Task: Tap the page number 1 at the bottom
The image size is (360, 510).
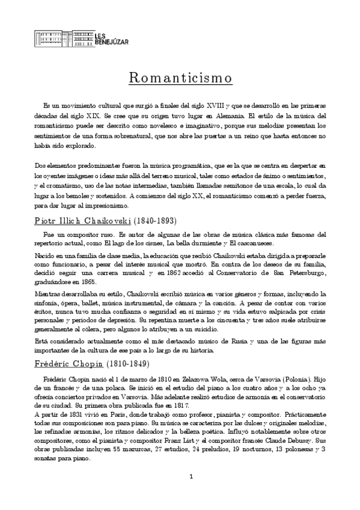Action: tap(191, 494)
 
